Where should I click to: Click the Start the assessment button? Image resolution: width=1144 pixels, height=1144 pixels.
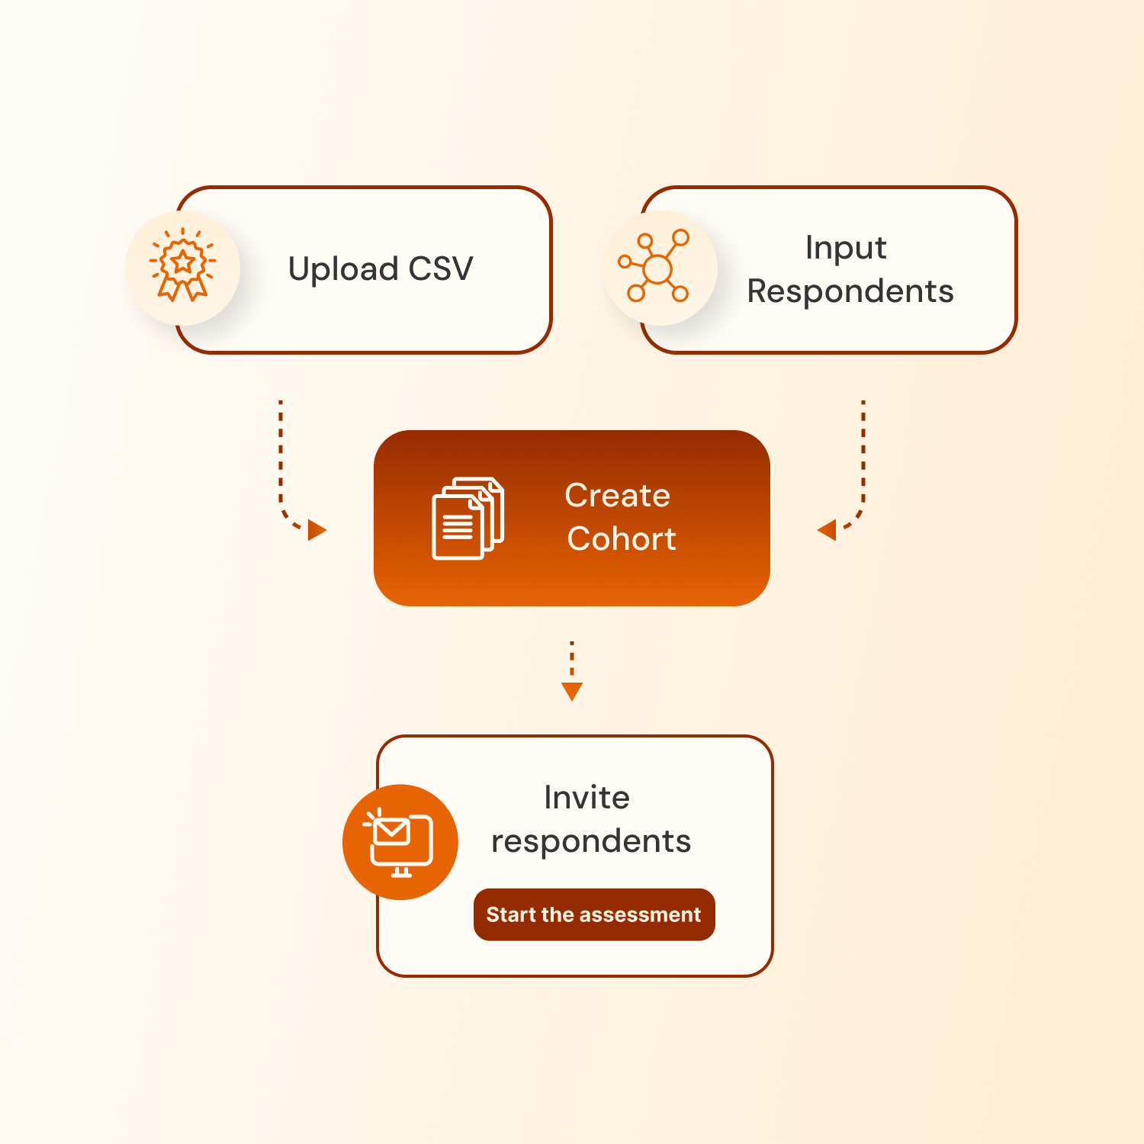coord(593,914)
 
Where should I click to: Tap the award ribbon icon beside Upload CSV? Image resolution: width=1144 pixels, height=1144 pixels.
coord(183,266)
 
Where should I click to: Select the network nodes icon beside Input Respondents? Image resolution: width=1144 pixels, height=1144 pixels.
coord(657,267)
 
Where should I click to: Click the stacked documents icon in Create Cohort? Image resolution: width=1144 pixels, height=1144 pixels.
coord(468,518)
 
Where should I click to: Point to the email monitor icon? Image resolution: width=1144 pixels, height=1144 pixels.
coord(400,842)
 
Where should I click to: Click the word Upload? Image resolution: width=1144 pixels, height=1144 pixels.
coord(343,269)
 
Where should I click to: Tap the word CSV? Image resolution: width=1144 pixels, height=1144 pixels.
coord(441,268)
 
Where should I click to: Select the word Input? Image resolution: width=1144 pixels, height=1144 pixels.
coord(846,249)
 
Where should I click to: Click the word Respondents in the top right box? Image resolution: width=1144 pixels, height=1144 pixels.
coord(850,291)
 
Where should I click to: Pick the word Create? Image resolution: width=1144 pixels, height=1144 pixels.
coord(617,496)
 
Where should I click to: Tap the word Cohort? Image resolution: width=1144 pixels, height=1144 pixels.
coord(622,539)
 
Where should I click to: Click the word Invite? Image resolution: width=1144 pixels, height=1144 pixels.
coord(586,798)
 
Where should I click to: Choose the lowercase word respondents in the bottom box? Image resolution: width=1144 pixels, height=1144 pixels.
coord(591,841)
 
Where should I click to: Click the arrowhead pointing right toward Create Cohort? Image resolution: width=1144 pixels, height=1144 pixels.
coord(317,530)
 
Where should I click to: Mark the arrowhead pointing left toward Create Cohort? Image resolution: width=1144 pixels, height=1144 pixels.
coord(827,529)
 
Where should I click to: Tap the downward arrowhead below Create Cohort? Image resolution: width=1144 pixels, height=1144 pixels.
coord(572,691)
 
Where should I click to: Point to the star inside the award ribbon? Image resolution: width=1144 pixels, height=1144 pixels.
coord(183,262)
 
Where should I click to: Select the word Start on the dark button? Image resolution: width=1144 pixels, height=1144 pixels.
coord(511,914)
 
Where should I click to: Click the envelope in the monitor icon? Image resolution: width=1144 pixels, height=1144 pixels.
coord(393,831)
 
